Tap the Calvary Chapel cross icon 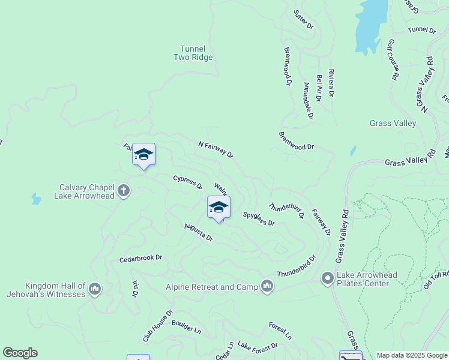[124, 191]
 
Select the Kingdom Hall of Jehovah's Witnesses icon [94, 290]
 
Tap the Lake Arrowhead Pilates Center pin [328, 278]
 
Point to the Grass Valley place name [393, 124]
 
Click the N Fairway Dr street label [215, 149]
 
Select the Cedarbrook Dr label [140, 258]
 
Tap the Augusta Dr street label [199, 232]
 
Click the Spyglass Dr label [259, 218]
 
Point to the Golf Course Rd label [393, 60]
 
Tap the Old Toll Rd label [436, 280]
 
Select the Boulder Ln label [186, 327]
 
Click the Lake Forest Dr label [258, 346]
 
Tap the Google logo [20, 353]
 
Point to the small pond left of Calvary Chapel [36, 198]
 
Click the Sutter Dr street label [304, 19]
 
